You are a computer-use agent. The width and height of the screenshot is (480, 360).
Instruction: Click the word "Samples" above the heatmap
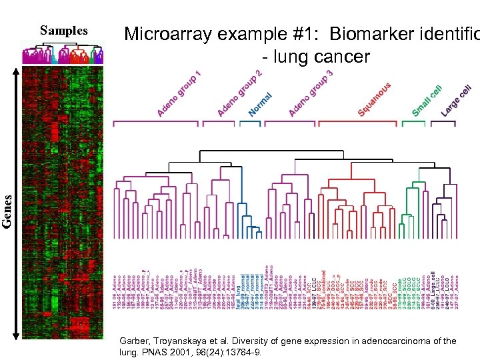click(64, 31)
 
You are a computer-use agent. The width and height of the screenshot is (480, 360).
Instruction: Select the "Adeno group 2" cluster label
click(239, 93)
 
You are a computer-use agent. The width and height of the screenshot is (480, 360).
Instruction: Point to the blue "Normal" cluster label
click(262, 103)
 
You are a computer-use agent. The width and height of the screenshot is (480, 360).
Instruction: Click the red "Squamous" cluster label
click(374, 99)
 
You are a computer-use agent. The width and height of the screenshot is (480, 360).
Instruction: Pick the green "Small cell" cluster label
click(427, 101)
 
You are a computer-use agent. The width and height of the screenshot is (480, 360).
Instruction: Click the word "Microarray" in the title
click(179, 33)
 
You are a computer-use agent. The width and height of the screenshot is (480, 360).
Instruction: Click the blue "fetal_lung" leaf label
click(237, 293)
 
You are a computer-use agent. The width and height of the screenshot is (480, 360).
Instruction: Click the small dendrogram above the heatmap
click(63, 53)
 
